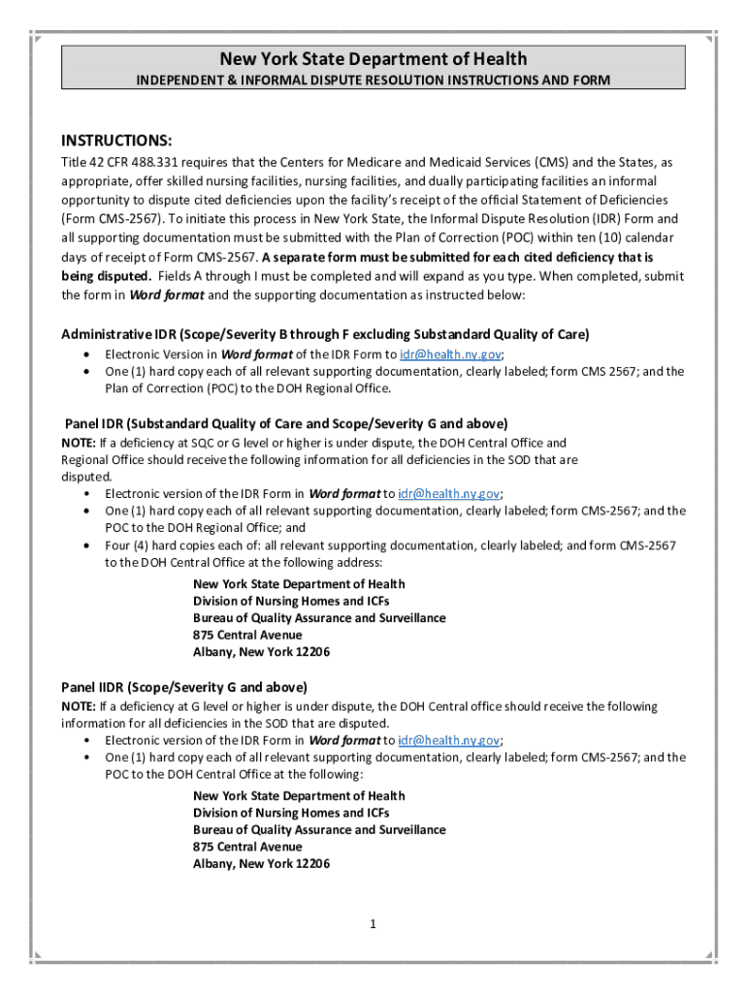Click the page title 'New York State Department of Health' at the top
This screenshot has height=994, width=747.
pyautogui.click(x=373, y=59)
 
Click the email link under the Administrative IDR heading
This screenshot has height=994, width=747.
pyautogui.click(x=449, y=354)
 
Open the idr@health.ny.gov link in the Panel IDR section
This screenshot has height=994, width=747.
pyautogui.click(x=449, y=494)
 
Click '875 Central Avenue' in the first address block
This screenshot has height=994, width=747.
pyautogui.click(x=247, y=635)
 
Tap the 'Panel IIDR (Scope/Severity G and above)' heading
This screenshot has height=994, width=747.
pyautogui.click(x=184, y=687)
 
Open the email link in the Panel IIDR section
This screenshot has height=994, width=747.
pyautogui.click(x=449, y=741)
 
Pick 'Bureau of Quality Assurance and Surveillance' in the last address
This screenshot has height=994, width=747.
pyautogui.click(x=319, y=830)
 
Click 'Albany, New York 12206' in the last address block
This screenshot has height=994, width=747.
pyautogui.click(x=261, y=864)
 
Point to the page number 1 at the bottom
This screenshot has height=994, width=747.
pyautogui.click(x=373, y=924)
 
